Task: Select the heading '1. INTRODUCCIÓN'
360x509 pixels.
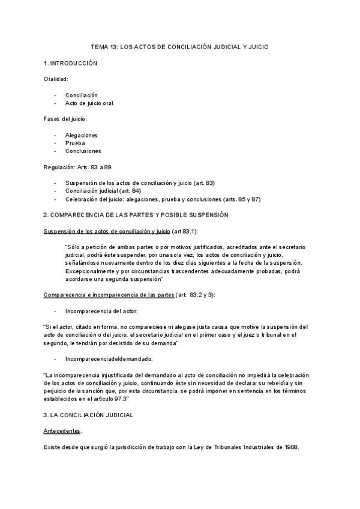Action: (71, 63)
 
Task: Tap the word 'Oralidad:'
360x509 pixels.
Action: (56, 79)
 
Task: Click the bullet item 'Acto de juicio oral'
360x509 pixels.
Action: (89, 103)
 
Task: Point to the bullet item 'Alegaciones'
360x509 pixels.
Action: (82, 135)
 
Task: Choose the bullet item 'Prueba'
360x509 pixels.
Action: (75, 143)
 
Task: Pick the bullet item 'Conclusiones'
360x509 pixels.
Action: (83, 151)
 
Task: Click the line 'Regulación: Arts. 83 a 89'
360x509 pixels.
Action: (78, 167)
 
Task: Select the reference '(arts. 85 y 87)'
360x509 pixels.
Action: (240, 199)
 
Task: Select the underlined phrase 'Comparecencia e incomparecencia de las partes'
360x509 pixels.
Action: (109, 295)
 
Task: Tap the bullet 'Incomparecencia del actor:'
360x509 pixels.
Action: (101, 311)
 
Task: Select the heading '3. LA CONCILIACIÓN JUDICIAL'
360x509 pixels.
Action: (88, 415)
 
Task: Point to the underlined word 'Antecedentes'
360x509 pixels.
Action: (62, 431)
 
